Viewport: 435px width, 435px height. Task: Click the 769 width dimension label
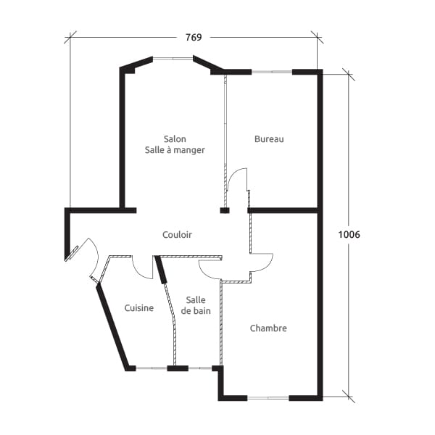[193, 38]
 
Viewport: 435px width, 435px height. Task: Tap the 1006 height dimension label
[349, 235]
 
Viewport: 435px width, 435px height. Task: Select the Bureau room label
[269, 139]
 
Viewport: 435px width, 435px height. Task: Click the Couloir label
[178, 234]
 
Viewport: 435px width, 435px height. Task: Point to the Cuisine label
[138, 308]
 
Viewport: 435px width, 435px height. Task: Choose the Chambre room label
[268, 328]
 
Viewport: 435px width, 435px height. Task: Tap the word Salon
[175, 139]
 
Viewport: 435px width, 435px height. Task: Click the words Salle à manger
[175, 150]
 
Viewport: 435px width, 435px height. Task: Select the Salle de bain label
[196, 305]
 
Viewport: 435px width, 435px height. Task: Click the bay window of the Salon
[173, 59]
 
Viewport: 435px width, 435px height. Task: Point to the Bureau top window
[272, 72]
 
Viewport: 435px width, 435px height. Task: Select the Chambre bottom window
[268, 397]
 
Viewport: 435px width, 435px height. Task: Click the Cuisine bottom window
[152, 368]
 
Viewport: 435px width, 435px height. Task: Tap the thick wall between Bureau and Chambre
[284, 210]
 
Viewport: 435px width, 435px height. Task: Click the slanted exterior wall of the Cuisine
[113, 326]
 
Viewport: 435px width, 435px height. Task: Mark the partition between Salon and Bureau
[225, 138]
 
